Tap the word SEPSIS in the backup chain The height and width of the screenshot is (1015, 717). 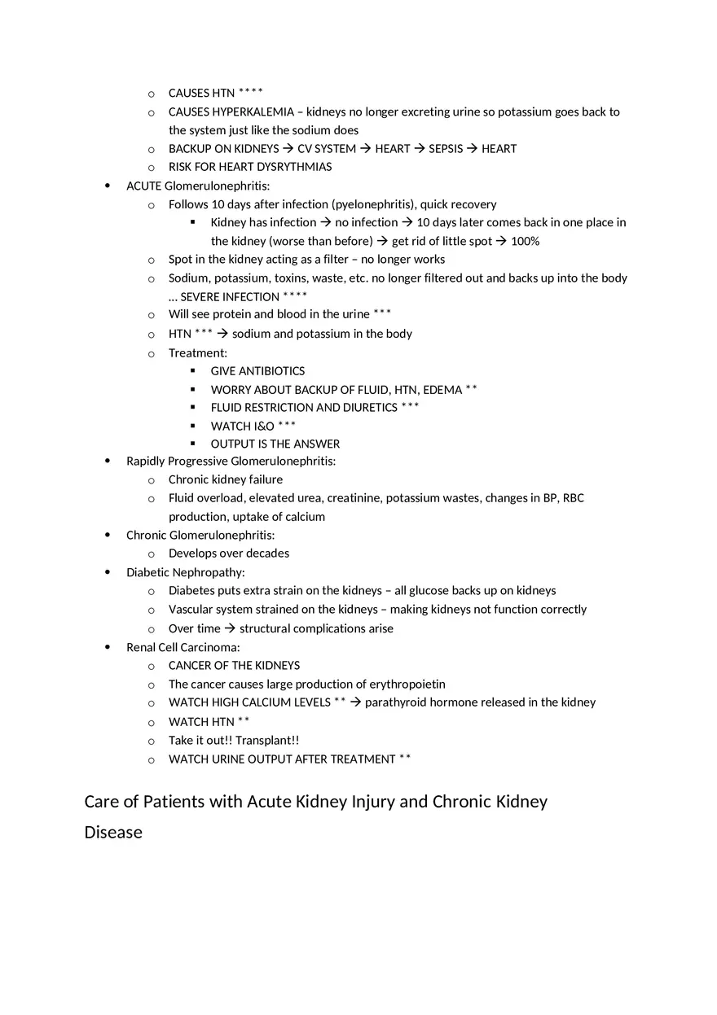[x=445, y=148]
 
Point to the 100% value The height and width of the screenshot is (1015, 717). [x=525, y=241]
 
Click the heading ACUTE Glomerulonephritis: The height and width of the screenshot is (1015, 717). [x=198, y=186]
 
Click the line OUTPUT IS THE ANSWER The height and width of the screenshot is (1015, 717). [x=275, y=444]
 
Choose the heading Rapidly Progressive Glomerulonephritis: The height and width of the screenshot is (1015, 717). [x=231, y=461]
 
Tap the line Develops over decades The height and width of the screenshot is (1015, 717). [x=228, y=553]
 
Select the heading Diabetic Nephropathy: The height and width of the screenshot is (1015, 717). [x=185, y=572]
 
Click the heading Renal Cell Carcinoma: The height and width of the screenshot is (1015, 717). [x=183, y=647]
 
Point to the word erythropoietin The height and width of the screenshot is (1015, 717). [x=407, y=684]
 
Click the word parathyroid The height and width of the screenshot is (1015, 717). [x=394, y=702]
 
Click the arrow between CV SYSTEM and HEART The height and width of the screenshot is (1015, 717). [x=365, y=148]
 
